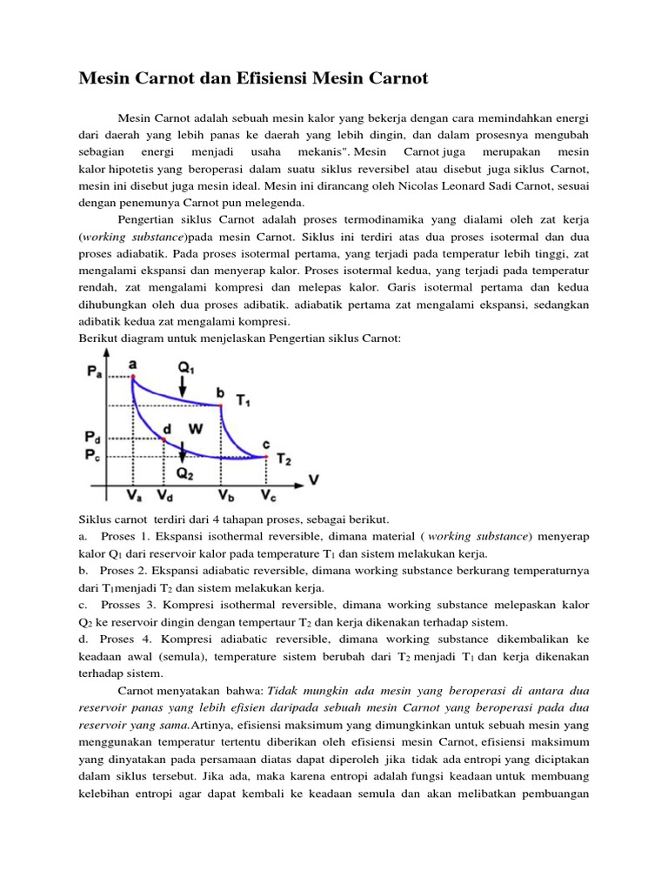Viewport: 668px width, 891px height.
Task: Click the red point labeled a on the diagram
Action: click(132, 378)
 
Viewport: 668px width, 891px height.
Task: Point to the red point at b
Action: click(220, 405)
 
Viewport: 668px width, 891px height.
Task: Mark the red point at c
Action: click(265, 455)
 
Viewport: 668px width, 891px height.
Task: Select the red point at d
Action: click(164, 439)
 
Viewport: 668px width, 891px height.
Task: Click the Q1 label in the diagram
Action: click(186, 368)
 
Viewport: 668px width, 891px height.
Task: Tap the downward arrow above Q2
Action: click(183, 450)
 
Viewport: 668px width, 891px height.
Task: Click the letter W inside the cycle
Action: click(194, 428)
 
